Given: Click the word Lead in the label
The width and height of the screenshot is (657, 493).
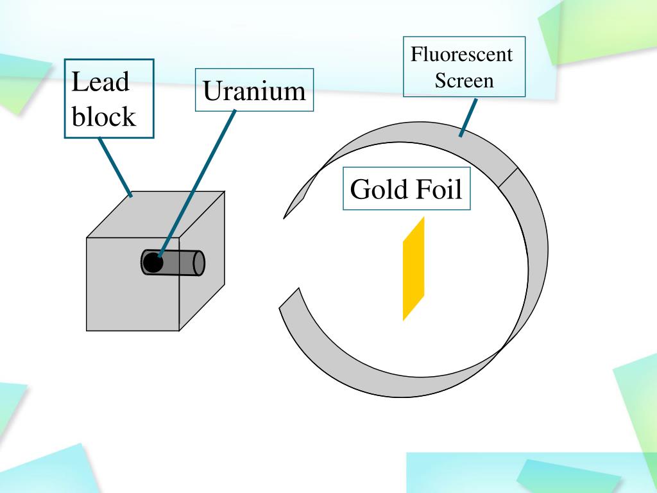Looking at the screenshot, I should point(100,83).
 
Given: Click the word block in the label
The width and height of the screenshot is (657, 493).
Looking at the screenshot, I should point(104,117).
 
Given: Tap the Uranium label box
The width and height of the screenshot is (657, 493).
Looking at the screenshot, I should point(254,91).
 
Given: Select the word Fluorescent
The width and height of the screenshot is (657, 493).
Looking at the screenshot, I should point(462,55).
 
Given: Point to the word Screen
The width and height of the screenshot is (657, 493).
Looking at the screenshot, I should point(464,81).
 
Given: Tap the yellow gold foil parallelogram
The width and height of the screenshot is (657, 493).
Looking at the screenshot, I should point(414,268).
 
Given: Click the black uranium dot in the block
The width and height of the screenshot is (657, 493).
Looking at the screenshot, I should point(152,263).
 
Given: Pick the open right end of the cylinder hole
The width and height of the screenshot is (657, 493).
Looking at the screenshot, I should point(199,263).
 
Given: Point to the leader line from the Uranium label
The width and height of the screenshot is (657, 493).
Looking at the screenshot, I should point(199,180).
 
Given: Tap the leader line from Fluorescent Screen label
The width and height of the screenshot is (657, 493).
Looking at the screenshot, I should point(468,117).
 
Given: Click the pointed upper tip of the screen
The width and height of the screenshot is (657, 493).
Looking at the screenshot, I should point(286,215).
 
